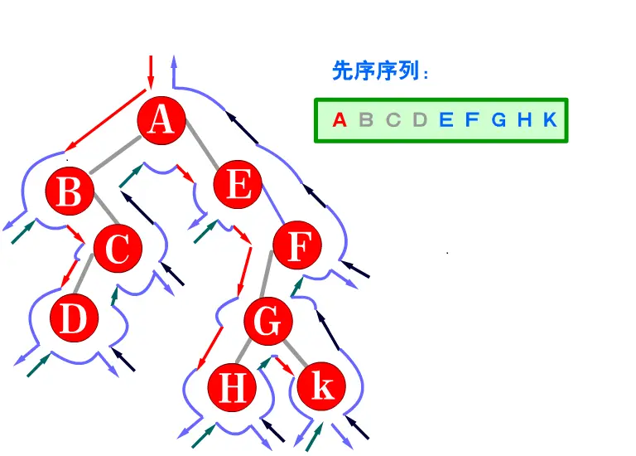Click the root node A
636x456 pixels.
(x=161, y=121)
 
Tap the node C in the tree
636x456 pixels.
(x=117, y=248)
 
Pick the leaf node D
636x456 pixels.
(x=74, y=319)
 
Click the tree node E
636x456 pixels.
(x=238, y=185)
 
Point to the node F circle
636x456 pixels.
(x=297, y=246)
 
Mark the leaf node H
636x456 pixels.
(x=232, y=387)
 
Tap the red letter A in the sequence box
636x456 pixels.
(x=339, y=120)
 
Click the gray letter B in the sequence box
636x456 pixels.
(x=366, y=120)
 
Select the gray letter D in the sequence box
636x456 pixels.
(x=420, y=120)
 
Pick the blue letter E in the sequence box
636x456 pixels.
(x=446, y=120)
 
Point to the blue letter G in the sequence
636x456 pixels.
(x=499, y=120)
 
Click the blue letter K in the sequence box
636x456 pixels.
(x=550, y=120)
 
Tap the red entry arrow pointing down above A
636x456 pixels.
(x=151, y=71)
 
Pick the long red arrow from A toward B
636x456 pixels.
(x=100, y=122)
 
